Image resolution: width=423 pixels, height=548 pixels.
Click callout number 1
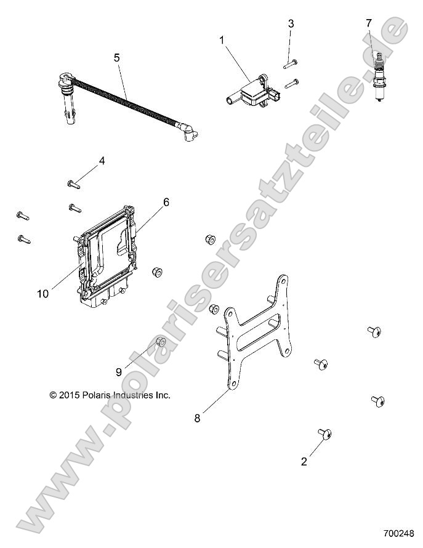click(x=221, y=40)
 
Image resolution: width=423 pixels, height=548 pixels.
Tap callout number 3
click(x=291, y=24)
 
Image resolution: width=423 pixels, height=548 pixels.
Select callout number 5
click(x=116, y=58)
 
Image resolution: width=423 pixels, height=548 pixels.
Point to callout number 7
click(x=369, y=23)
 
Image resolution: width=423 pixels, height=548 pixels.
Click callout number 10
click(x=42, y=294)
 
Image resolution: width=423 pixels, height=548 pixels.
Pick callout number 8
click(x=198, y=418)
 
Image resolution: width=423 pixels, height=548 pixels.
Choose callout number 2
click(x=304, y=462)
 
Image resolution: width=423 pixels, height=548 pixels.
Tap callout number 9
click(x=119, y=372)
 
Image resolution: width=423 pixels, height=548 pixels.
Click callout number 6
click(x=166, y=202)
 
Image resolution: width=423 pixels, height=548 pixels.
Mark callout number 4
click(x=102, y=161)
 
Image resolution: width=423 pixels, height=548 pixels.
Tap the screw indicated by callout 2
click(x=324, y=434)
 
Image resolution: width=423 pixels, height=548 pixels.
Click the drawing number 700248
click(x=398, y=533)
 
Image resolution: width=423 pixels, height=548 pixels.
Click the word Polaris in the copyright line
click(x=97, y=395)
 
